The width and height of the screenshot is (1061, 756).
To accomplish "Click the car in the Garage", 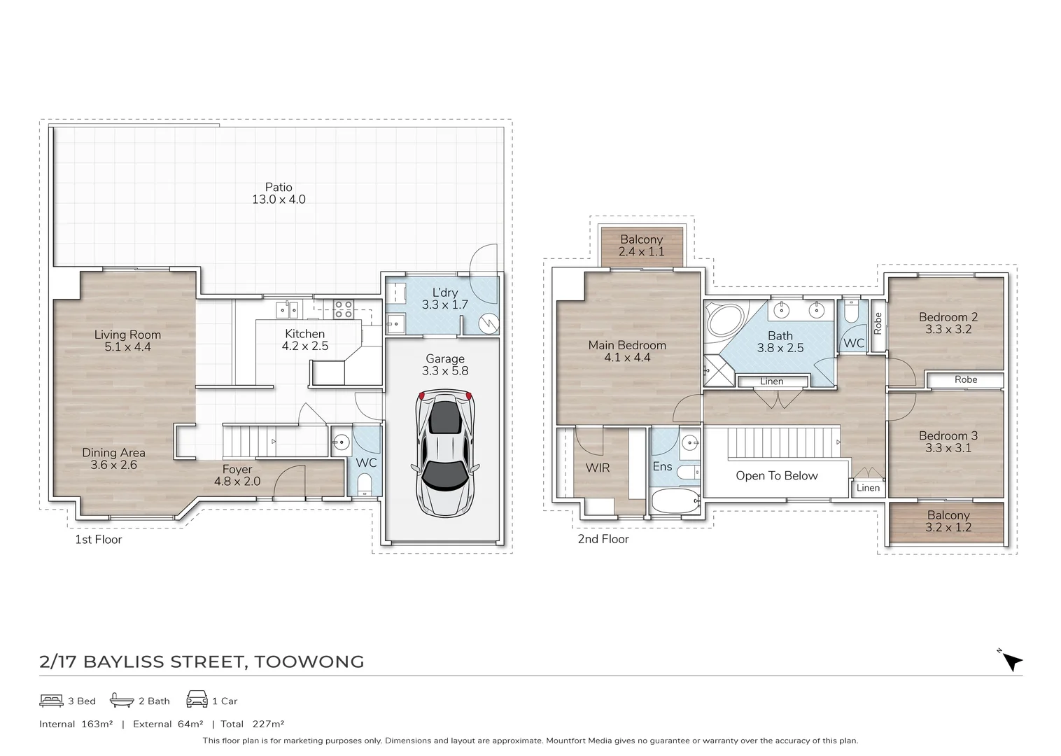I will click(444, 454).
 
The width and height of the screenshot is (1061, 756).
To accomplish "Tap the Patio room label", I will click(279, 193).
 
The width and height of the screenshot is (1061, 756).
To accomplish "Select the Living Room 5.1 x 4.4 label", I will click(127, 341).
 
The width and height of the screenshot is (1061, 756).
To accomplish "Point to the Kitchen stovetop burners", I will click(343, 309).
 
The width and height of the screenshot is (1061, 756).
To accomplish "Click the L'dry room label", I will click(444, 299).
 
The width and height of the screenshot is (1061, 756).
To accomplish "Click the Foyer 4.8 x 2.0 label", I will click(237, 475).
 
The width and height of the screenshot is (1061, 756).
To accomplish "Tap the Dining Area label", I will click(113, 458).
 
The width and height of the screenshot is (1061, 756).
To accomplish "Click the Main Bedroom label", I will click(627, 351).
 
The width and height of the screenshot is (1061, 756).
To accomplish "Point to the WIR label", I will click(597, 468).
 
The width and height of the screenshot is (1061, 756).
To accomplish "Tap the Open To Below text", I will click(776, 476).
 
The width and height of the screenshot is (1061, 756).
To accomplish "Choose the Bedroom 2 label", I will click(948, 323).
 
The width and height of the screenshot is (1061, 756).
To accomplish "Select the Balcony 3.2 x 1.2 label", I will click(948, 521).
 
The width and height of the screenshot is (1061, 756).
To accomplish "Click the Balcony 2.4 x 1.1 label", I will click(641, 246).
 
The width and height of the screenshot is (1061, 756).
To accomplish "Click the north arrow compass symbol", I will click(1011, 660).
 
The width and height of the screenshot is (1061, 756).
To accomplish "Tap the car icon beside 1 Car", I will click(197, 699).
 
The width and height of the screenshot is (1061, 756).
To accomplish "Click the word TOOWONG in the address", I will click(309, 661).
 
